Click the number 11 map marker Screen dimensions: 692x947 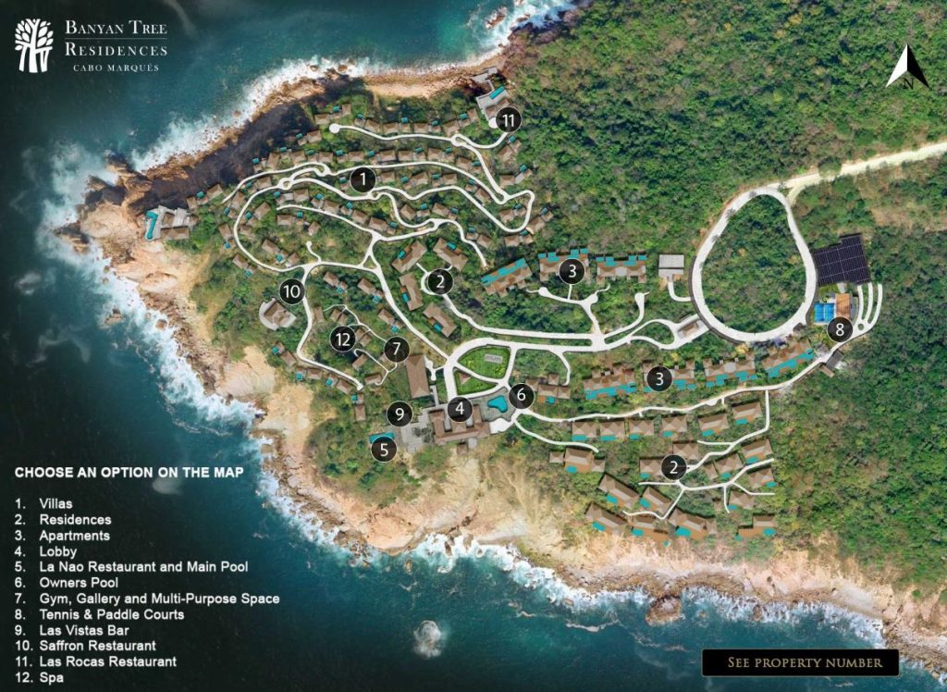pos(510,119)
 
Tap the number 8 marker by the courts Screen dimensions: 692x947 pos(840,328)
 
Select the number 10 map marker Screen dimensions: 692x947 pos(292,291)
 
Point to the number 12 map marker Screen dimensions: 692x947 pos(344,340)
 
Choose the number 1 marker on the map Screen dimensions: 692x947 pos(364,179)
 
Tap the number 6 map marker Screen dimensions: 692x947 pos(522,395)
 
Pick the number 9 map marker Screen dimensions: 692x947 pos(399,413)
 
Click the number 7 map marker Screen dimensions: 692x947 pos(396,349)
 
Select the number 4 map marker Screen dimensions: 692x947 pos(460,407)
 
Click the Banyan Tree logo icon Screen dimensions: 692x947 pos(34,45)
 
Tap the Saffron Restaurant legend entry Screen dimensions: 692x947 pos(97,646)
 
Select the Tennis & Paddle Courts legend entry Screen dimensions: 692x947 pos(111,614)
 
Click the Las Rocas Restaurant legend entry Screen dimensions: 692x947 pos(107,662)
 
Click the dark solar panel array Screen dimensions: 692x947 pos(842,260)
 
